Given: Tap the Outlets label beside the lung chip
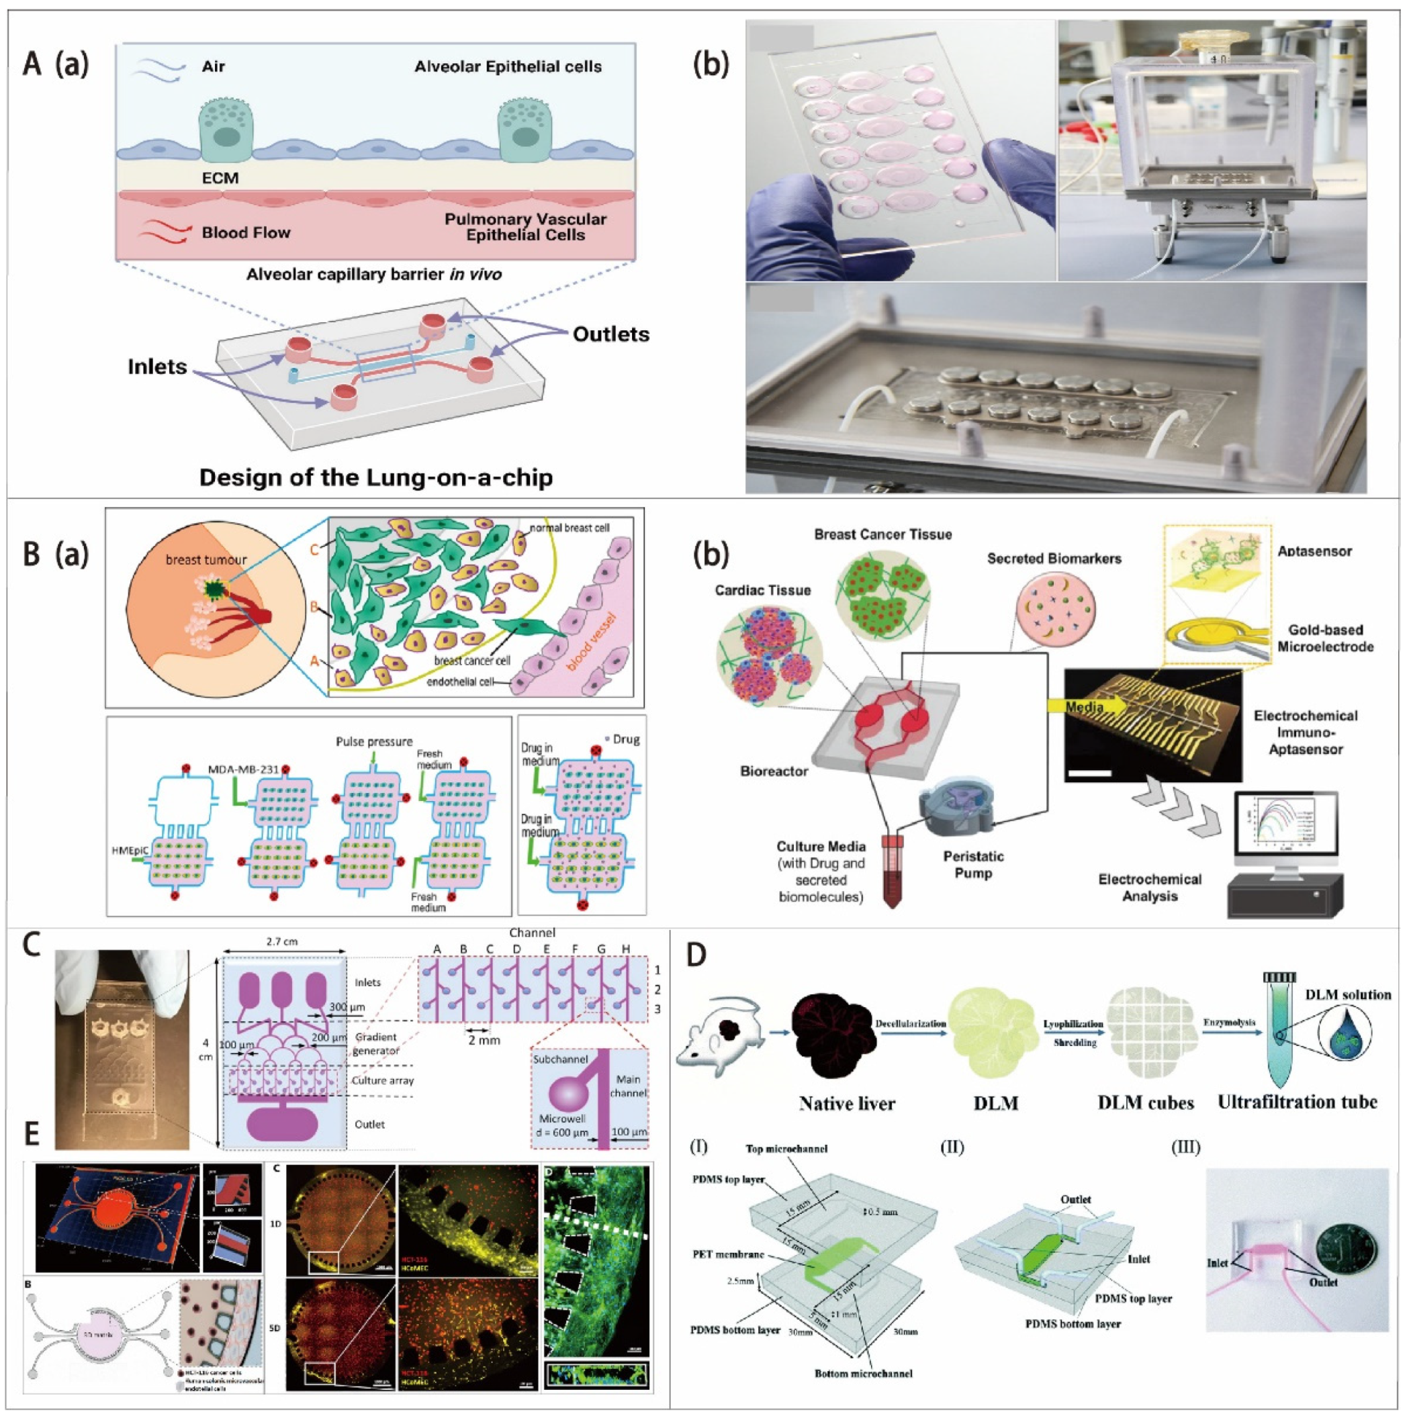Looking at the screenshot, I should pyautogui.click(x=610, y=334).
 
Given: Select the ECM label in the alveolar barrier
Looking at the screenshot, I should pyautogui.click(x=220, y=178).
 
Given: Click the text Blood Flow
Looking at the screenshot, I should pyautogui.click(x=246, y=233).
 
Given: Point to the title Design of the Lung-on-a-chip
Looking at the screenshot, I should pyautogui.click(x=375, y=477).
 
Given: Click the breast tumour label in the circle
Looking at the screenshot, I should pyautogui.click(x=206, y=560).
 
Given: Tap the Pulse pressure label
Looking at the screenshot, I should pyautogui.click(x=374, y=741).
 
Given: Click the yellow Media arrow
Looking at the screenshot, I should pyautogui.click(x=1089, y=707).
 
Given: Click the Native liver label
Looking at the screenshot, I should pyautogui.click(x=847, y=1103).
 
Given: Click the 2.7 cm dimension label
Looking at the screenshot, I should pyautogui.click(x=282, y=942).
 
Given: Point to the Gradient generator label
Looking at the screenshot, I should pyautogui.click(x=376, y=1043).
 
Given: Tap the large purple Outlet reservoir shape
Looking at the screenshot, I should pyautogui.click(x=283, y=1124).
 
